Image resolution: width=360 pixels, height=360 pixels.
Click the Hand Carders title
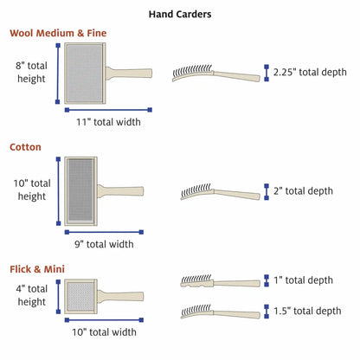tap(180, 14)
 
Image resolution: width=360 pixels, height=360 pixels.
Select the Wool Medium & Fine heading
tap(58, 33)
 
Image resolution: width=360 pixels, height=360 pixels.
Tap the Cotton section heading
tap(25, 147)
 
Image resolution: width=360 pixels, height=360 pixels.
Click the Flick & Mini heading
tap(37, 269)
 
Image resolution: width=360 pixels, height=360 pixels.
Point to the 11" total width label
tap(108, 122)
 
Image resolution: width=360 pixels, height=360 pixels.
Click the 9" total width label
tap(104, 244)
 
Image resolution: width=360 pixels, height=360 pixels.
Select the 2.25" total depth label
tap(310, 72)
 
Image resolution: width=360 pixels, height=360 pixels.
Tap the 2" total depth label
tap(303, 191)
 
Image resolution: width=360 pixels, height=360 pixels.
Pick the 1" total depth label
tap(303, 280)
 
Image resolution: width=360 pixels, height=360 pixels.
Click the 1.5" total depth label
tap(307, 311)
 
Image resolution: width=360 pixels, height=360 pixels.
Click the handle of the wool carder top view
tap(129, 74)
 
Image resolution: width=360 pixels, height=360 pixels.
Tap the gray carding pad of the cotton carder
tap(80, 190)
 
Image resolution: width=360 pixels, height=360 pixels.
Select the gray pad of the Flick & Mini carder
tap(80, 296)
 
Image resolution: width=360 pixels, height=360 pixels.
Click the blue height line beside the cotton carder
tap(59, 191)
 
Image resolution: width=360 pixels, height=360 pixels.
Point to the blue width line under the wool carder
tap(108, 110)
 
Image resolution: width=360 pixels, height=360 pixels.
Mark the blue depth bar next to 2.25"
tap(267, 73)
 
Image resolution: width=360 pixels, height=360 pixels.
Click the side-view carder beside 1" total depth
tap(221, 281)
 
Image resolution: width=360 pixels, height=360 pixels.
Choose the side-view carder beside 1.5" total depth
tap(221, 312)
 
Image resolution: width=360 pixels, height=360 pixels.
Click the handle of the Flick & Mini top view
tap(120, 297)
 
